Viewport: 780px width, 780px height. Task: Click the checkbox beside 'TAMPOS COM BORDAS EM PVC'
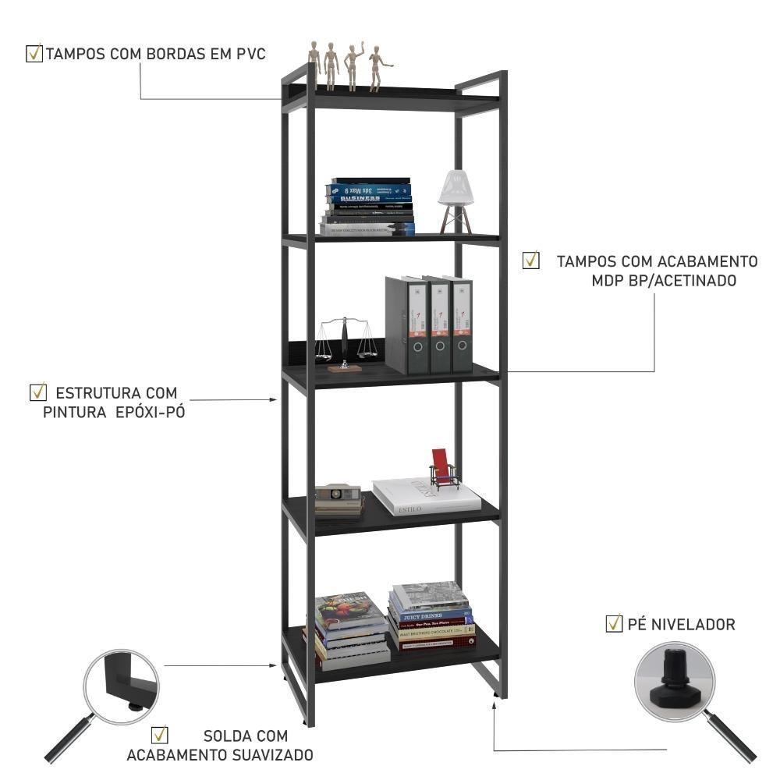(x=34, y=54)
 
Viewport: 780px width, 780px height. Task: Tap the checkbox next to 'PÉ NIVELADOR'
(x=614, y=623)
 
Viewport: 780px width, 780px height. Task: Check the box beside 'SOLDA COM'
(x=160, y=735)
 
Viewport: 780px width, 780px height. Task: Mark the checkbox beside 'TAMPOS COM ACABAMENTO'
(x=531, y=261)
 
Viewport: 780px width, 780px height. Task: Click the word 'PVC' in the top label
(x=251, y=55)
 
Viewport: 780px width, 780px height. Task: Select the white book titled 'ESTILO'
(x=425, y=497)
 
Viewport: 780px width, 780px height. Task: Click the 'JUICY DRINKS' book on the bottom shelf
(x=431, y=613)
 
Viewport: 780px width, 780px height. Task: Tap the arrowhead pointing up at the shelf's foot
(x=495, y=705)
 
